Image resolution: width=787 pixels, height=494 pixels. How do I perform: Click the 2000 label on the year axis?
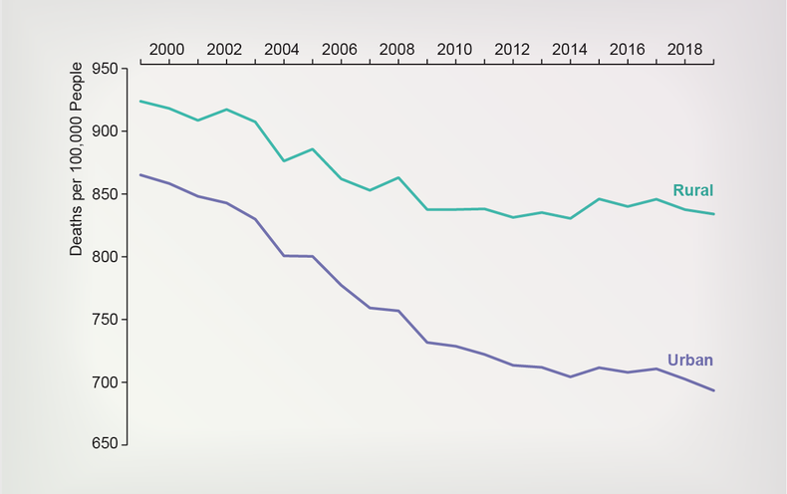tap(167, 48)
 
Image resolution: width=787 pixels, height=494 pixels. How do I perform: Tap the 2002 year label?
tap(225, 48)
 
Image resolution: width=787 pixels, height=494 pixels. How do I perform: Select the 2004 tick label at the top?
tap(282, 48)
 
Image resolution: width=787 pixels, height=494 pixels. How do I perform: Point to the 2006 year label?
tap(340, 48)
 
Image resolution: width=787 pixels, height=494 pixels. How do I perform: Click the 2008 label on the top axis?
tap(396, 48)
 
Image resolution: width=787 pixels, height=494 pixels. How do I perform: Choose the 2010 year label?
tap(454, 48)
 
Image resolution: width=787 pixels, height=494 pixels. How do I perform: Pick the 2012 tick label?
tap(511, 48)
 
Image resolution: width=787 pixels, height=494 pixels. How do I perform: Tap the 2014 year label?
tap(569, 48)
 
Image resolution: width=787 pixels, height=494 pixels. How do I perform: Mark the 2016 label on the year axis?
tap(626, 48)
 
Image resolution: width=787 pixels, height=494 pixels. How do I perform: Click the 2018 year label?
tap(683, 48)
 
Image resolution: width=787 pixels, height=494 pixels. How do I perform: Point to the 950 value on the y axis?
tap(105, 69)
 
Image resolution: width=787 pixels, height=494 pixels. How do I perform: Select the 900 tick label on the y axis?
tap(105, 131)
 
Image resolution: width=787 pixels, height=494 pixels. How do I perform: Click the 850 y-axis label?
tap(105, 194)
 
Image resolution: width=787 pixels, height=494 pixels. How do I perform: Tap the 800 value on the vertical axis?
tap(105, 257)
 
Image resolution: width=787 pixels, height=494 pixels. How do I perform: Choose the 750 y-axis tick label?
tap(105, 320)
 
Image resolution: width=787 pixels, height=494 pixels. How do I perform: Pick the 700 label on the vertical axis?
tap(105, 382)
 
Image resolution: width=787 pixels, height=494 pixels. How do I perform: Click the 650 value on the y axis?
tap(105, 445)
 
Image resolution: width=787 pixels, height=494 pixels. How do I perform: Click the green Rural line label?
tap(693, 190)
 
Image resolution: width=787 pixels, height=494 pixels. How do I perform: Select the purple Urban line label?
tap(689, 361)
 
